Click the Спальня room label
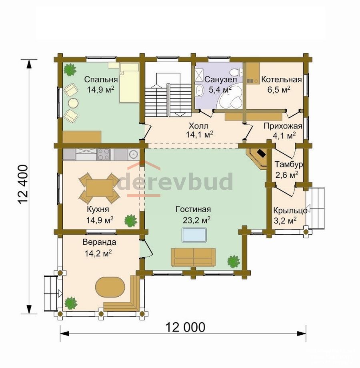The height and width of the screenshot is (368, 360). pos(101,80)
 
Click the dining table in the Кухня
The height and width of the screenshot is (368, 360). pos(99,188)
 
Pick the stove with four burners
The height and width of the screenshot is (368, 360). pos(104,154)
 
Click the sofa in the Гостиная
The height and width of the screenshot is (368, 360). pos(193,257)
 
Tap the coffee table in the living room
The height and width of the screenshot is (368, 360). pos(194,235)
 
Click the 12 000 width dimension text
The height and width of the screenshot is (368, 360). pos(185,327)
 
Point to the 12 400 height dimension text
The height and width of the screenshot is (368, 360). pos(23,185)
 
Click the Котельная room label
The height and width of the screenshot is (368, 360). pos(281,80)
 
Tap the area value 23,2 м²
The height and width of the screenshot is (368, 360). pos(196,220)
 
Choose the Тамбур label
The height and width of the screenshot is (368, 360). pos(288,164)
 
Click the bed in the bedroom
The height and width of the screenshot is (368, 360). pos(129,82)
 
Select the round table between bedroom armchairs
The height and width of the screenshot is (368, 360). pos(73,103)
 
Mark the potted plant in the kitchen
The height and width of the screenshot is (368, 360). pos(130,221)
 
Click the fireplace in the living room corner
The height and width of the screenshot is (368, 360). pos(257,157)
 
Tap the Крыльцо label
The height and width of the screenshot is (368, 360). pos(290,211)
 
